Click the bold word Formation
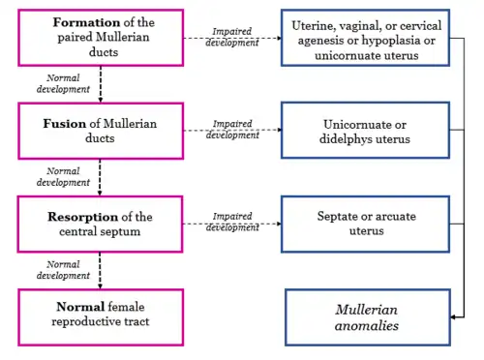(87, 22)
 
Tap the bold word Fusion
(65, 124)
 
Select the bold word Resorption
(83, 217)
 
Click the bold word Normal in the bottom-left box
(80, 307)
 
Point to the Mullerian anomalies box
(368, 317)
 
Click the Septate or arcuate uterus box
(365, 224)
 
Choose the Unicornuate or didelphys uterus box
(365, 131)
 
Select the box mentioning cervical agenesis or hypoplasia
(365, 38)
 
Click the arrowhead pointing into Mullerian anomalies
(453, 317)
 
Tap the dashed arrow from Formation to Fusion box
(101, 84)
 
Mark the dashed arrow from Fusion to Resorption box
(100, 177)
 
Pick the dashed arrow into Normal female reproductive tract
(100, 270)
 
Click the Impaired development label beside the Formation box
(232, 37)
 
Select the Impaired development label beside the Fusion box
(232, 129)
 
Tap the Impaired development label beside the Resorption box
(232, 222)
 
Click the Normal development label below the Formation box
(63, 83)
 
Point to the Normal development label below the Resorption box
(63, 270)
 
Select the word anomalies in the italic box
(367, 326)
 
